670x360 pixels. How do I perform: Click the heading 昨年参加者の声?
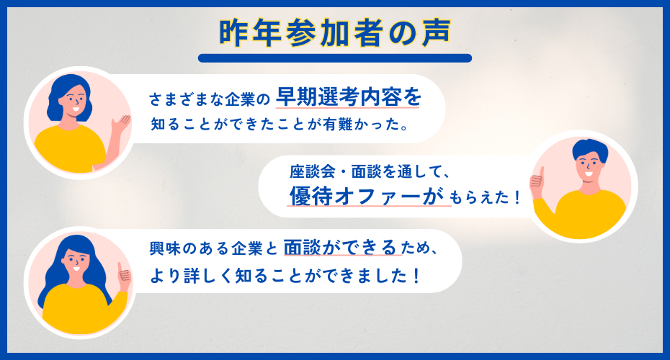(335, 32)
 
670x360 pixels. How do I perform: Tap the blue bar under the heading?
(335, 58)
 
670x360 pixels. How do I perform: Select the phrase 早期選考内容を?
(348, 97)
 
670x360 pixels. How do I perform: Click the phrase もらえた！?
(486, 197)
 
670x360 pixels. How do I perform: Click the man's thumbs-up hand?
(537, 182)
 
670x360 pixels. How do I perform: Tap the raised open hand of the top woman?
(120, 125)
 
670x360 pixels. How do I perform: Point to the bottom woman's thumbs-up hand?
(124, 274)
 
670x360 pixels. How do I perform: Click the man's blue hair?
(590, 150)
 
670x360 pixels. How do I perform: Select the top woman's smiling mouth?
(76, 109)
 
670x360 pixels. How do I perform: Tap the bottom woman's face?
(77, 261)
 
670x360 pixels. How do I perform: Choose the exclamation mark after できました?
(417, 276)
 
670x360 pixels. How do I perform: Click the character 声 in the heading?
(437, 33)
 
